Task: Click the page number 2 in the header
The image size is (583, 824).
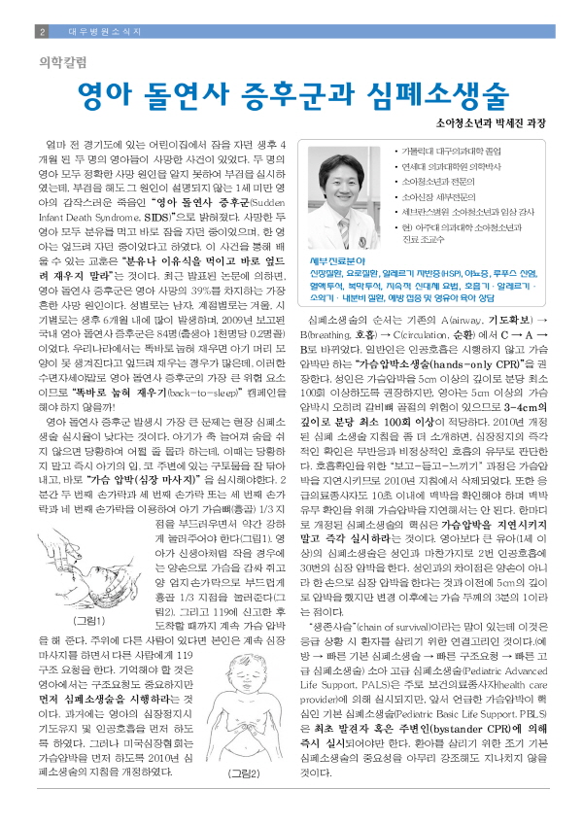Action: [x=42, y=32]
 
